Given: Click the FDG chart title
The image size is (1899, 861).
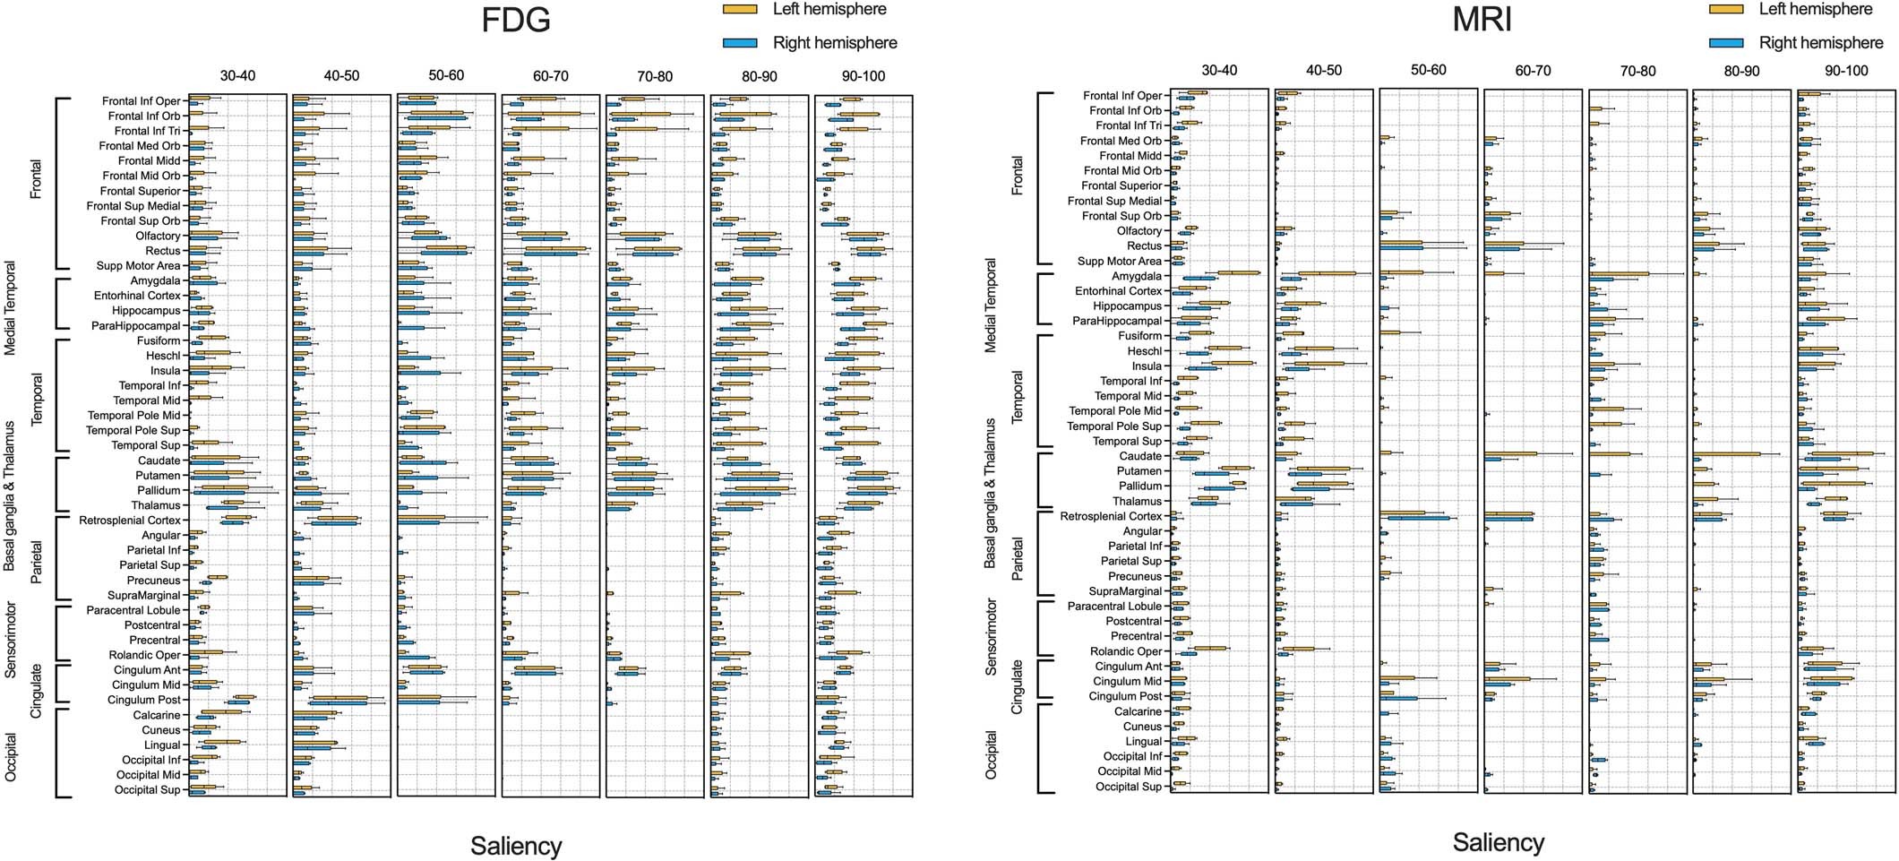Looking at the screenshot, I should point(515,20).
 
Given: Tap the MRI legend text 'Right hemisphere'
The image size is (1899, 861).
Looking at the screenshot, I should point(1821,42).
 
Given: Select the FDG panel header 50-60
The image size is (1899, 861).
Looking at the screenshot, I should point(445,75).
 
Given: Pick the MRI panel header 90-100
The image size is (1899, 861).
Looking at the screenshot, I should point(1845,71).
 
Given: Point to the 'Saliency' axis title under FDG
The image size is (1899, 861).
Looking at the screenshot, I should point(516,846).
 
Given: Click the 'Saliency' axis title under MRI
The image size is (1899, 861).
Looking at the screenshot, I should point(1498,842).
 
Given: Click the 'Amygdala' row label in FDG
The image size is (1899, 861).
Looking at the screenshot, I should point(155,280).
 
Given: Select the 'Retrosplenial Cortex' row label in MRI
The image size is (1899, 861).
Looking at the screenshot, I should point(1111,516).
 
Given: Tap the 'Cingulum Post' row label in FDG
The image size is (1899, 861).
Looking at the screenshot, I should point(143,700).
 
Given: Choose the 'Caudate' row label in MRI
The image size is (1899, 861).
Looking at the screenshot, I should point(1139,456).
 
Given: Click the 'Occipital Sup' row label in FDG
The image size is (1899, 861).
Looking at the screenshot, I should point(147,789).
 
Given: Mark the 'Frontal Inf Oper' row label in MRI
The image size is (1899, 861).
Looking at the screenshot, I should point(1121,96).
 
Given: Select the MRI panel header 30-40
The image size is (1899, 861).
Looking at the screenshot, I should point(1219,71).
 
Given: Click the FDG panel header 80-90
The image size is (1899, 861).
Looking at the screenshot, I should point(759,76).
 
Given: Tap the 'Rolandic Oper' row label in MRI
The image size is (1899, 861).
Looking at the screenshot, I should point(1125,651).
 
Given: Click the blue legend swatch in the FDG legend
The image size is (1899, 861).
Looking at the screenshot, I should point(740,42).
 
